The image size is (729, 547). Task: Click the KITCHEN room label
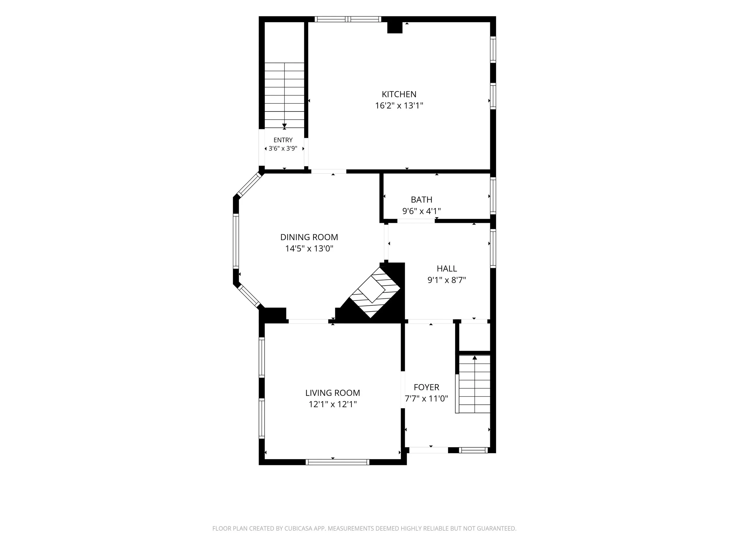[399, 94]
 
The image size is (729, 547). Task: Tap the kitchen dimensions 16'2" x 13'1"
[399, 106]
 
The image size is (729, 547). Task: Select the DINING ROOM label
[309, 237]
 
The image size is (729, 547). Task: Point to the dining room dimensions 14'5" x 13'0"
[309, 249]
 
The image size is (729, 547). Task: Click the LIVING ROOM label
[332, 393]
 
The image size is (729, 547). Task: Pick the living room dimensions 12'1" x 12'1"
[332, 404]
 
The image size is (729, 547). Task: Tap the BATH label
[422, 200]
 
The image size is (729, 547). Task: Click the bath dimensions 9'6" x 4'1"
[422, 211]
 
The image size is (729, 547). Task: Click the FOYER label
[426, 387]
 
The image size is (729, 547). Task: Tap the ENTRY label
[283, 140]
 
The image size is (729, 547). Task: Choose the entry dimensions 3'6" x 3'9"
[283, 148]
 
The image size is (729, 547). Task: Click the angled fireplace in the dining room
[374, 292]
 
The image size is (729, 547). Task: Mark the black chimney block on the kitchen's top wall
[395, 28]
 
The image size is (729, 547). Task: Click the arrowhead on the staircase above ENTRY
[284, 126]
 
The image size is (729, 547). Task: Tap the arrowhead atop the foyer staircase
[474, 357]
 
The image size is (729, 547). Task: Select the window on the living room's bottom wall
[337, 462]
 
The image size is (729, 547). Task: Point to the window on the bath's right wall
[493, 196]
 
